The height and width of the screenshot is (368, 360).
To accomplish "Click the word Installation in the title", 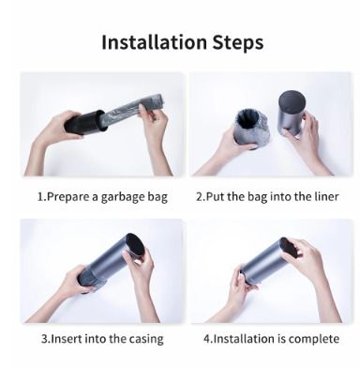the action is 155,42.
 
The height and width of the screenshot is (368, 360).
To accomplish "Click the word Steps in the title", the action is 238,43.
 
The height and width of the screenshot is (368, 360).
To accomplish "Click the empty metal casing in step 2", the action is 291,114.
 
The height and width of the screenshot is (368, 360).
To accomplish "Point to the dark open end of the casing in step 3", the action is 135,247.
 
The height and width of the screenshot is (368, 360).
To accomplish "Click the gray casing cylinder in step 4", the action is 266,260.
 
